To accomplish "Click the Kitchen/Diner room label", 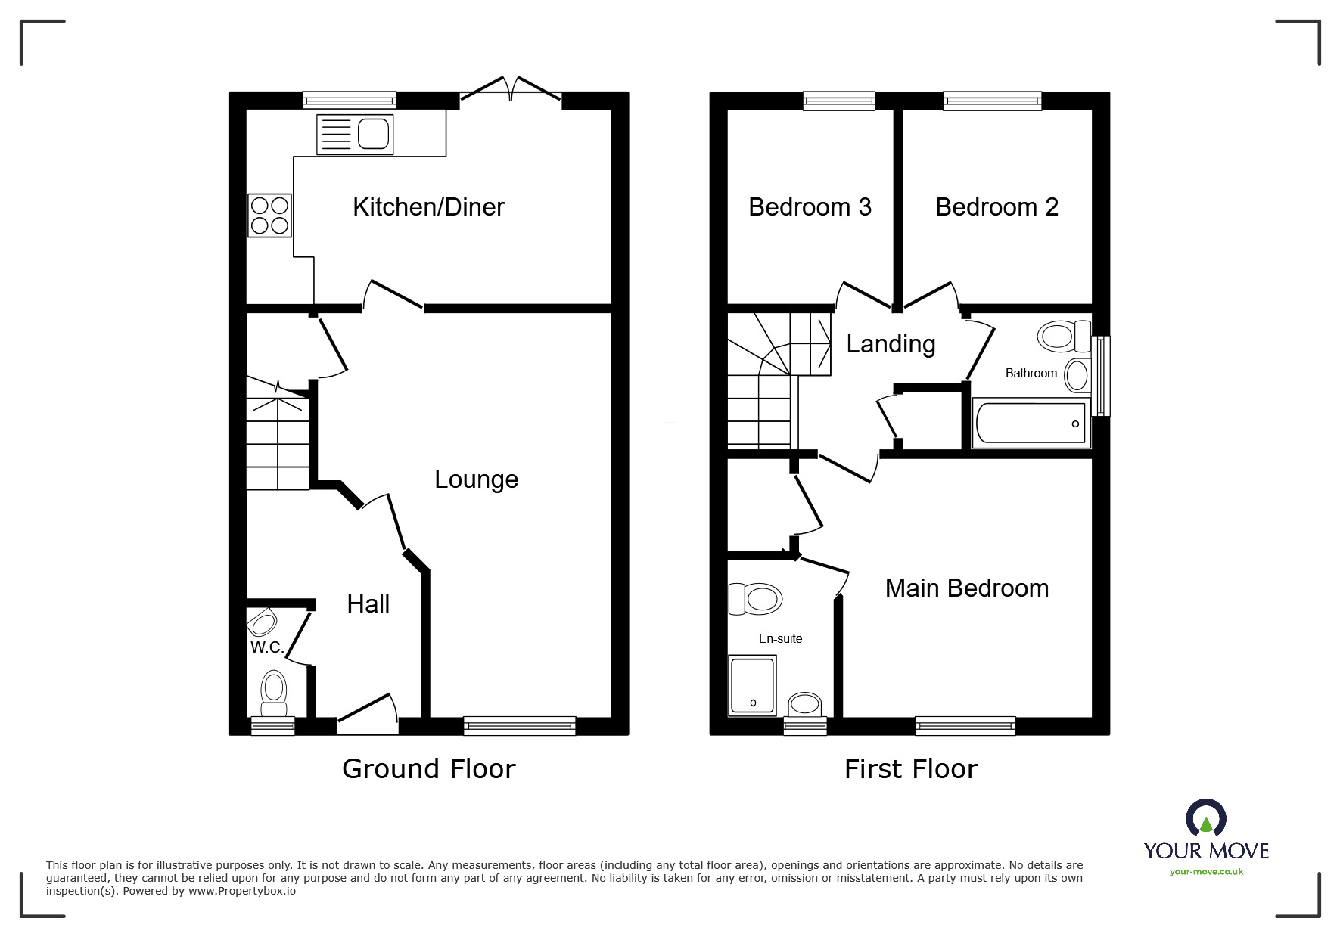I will pos(428,207).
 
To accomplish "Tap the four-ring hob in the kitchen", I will pos(269,215).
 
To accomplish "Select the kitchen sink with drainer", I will pos(355,135).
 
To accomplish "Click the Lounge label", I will pos(476,479).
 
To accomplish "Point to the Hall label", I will pos(368,604).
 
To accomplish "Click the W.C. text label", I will pos(266,648).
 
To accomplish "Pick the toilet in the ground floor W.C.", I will pos(273,693).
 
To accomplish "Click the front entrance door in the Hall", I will pos(367,714).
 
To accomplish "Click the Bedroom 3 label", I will pos(810,207).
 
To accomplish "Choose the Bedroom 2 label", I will pos(996,207).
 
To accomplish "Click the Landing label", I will pos(891,344).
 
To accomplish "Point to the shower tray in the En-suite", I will pos(752,685).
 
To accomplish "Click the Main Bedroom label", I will pos(966,588).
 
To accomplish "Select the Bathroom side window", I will pos(1103,376).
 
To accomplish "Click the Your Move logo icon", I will pos(1205,819).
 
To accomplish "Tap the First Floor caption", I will pos(910,769).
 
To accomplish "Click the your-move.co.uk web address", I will pos(1206,872).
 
